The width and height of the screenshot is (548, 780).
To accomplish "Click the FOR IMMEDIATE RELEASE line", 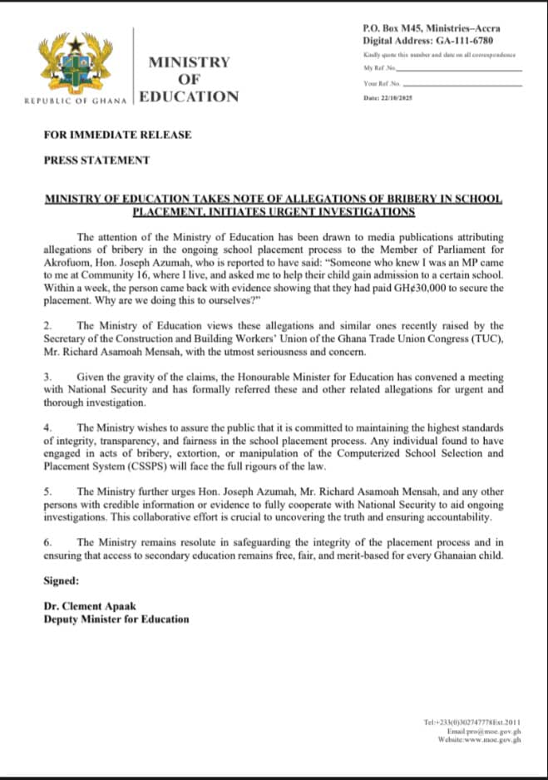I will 117,135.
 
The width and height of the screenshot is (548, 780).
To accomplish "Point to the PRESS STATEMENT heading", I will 96,160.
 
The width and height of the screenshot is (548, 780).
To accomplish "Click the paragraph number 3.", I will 47,377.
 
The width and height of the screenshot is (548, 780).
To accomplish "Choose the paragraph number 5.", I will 47,491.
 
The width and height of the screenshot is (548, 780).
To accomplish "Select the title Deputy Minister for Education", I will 116,619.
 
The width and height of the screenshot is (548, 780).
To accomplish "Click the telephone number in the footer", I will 471,723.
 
